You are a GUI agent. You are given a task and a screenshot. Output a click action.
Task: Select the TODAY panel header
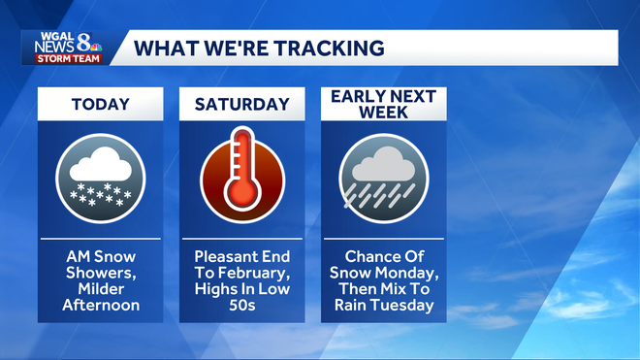[101, 104]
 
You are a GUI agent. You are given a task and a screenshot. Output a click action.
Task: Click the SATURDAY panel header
[242, 104]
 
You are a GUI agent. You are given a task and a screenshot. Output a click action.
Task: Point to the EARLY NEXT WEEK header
[384, 103]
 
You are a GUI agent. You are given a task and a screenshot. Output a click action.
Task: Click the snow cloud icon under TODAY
[101, 178]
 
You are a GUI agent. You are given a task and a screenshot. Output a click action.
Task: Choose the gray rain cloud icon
[384, 178]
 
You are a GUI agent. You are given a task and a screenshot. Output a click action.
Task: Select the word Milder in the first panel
[101, 289]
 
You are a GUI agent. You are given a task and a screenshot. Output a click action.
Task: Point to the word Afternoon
[101, 305]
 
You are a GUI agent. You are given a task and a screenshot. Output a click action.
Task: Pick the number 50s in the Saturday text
[242, 305]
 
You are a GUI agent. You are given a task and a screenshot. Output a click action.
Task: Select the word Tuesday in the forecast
[407, 305]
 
